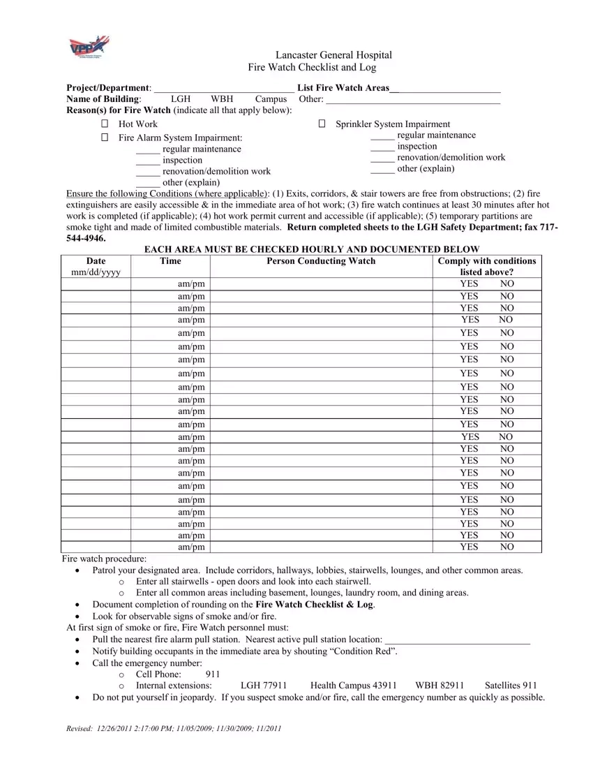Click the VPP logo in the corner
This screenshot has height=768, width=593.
coord(89,47)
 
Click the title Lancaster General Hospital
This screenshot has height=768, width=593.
coord(333,55)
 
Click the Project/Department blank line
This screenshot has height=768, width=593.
coord(223,89)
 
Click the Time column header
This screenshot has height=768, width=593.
coord(170,261)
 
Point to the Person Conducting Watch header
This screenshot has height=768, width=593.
coord(321,261)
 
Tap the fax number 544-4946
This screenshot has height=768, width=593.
coord(86,238)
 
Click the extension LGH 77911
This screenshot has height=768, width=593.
coord(262,686)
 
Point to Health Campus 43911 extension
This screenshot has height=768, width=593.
coord(353,686)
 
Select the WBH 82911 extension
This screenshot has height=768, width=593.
coord(440,686)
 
